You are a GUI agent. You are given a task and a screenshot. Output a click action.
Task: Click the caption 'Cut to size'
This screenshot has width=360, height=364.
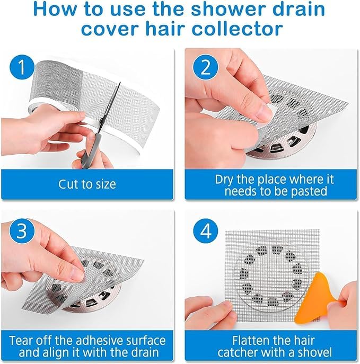pyautogui.click(x=87, y=185)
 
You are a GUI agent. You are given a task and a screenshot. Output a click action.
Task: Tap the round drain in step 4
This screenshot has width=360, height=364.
pyautogui.click(x=268, y=273)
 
